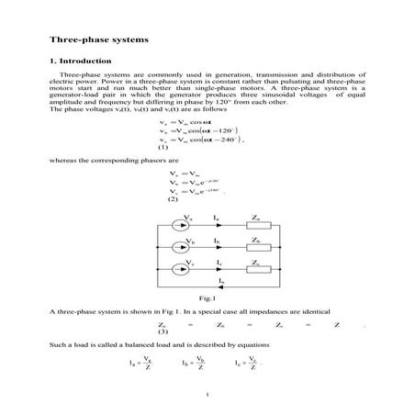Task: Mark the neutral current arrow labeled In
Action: pyautogui.click(x=220, y=286)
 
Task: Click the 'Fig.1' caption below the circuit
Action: pyautogui.click(x=207, y=299)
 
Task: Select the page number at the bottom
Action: pyautogui.click(x=210, y=396)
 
